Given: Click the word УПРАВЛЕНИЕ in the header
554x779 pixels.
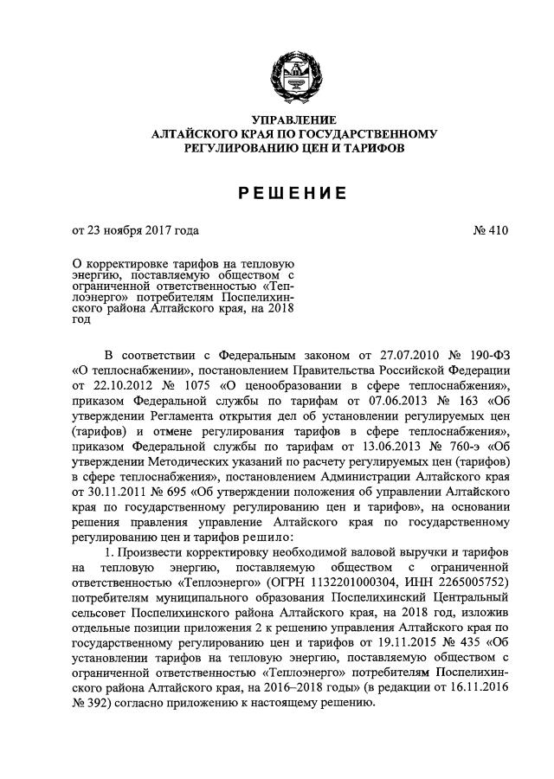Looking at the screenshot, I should (293, 119).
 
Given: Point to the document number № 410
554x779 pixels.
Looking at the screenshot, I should (491, 230).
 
